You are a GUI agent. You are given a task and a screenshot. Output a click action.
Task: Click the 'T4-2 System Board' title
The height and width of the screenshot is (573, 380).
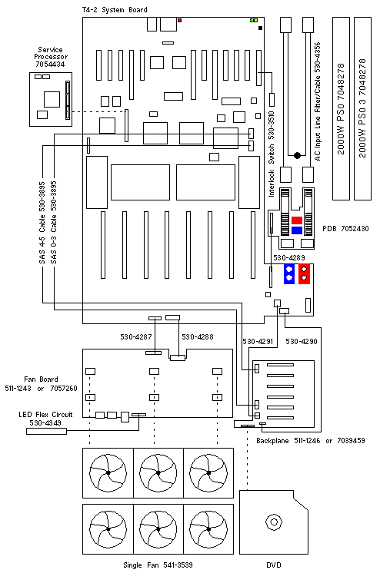pyautogui.click(x=115, y=10)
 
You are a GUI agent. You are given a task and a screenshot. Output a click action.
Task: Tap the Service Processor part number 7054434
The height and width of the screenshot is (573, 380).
pyautogui.click(x=50, y=65)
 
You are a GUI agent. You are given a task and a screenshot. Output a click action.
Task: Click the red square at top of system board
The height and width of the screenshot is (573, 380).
pyautogui.click(x=179, y=20)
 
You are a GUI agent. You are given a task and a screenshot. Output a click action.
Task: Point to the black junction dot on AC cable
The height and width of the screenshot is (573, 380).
pyautogui.click(x=297, y=155)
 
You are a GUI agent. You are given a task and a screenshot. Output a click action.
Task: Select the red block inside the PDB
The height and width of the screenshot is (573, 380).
pyautogui.click(x=296, y=220)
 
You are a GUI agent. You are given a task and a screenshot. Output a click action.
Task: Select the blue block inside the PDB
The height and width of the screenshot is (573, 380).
pyautogui.click(x=296, y=230)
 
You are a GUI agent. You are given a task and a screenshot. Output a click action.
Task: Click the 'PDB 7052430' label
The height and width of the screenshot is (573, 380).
pyautogui.click(x=345, y=229)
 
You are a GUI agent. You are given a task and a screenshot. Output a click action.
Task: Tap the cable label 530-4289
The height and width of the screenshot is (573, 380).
pyautogui.click(x=288, y=257)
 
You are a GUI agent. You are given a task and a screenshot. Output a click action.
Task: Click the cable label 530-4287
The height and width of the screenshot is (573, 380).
pyautogui.click(x=136, y=336)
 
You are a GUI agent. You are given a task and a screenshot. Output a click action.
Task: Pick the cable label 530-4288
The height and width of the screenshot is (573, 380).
pyautogui.click(x=198, y=336)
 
